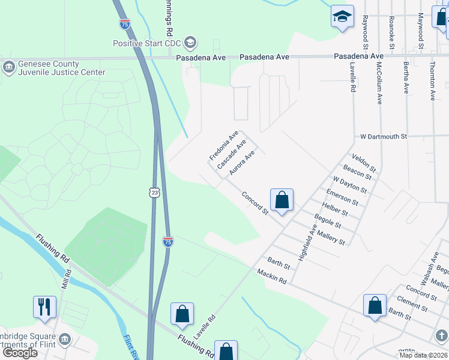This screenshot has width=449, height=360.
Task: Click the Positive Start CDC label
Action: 148,43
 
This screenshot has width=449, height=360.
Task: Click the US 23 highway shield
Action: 155,191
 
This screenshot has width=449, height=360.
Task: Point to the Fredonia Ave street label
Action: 224,145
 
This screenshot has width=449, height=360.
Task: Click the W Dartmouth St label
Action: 384,136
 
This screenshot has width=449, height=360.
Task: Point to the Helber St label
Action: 336,208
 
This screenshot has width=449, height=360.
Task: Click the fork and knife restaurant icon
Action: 44,307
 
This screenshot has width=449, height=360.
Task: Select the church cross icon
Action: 441,336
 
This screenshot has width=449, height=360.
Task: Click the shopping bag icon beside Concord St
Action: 282,200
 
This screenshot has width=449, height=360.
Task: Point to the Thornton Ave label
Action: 432,80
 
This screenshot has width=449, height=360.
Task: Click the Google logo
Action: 20,353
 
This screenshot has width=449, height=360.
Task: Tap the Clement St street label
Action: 412,303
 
